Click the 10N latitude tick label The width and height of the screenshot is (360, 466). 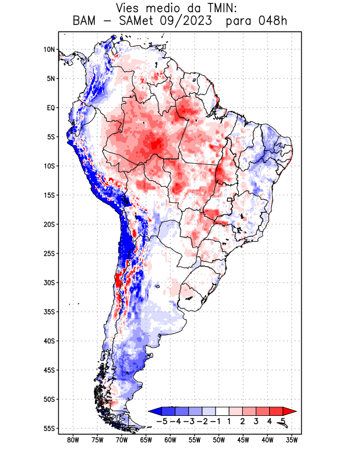click(x=49, y=50)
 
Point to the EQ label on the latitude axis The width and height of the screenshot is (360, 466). click(x=50, y=108)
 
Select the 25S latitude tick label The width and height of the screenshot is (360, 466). click(x=49, y=253)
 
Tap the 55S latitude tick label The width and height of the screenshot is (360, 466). click(x=49, y=428)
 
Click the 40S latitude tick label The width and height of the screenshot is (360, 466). click(x=49, y=341)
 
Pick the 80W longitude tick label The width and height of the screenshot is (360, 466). click(x=73, y=440)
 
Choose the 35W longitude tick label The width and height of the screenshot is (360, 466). click(x=292, y=440)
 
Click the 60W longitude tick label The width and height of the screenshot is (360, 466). click(x=171, y=440)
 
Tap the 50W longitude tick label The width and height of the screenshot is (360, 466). click(x=219, y=440)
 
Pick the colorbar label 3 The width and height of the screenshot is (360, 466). click(x=256, y=421)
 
